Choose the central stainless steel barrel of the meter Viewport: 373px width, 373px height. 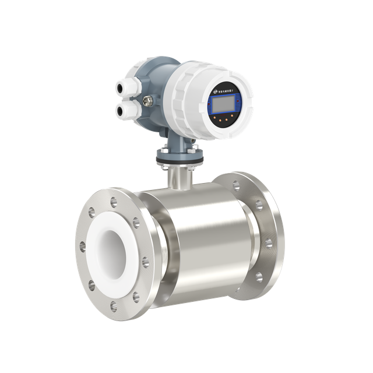coord(204,239)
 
